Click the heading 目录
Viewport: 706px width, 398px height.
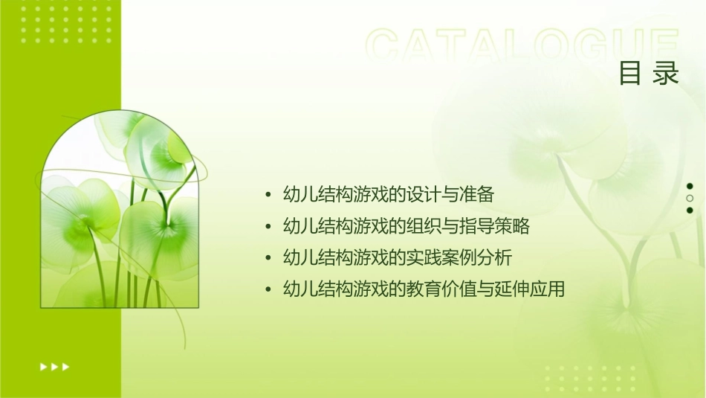pos(649,74)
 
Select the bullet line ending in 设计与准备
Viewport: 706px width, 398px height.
pos(389,195)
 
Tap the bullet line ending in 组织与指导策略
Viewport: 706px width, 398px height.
pos(407,226)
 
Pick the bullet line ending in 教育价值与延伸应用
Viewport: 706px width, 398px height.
pos(424,289)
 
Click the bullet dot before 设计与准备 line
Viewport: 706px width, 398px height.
pos(268,196)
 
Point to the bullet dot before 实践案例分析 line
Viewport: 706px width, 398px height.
pos(268,258)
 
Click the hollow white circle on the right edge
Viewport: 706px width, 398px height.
pos(690,198)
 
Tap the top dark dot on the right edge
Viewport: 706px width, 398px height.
pos(690,186)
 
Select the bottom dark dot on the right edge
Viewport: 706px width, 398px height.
pos(690,210)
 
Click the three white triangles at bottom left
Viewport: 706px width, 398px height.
pos(54,366)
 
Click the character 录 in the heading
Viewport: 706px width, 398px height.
pos(667,74)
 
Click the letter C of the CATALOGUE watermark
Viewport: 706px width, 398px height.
pos(385,46)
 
